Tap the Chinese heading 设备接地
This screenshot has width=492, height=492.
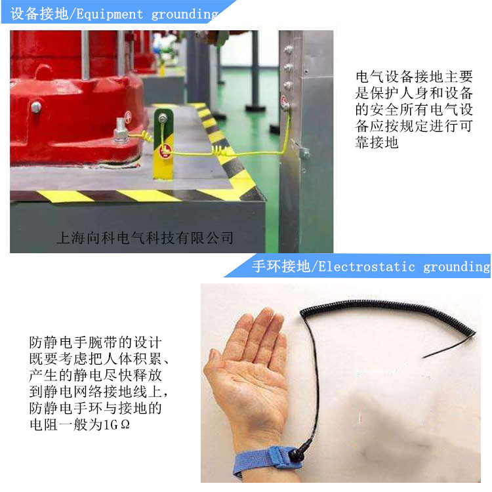pos(39,14)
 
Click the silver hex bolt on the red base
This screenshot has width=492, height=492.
pos(121,134)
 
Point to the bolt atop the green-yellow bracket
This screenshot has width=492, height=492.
pos(162,119)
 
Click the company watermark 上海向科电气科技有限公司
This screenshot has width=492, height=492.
pos(145,237)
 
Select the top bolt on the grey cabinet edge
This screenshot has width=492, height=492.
pos(287,49)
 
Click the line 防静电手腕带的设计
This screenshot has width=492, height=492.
pos(94,342)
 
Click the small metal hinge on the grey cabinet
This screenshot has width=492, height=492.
pos(304,153)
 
